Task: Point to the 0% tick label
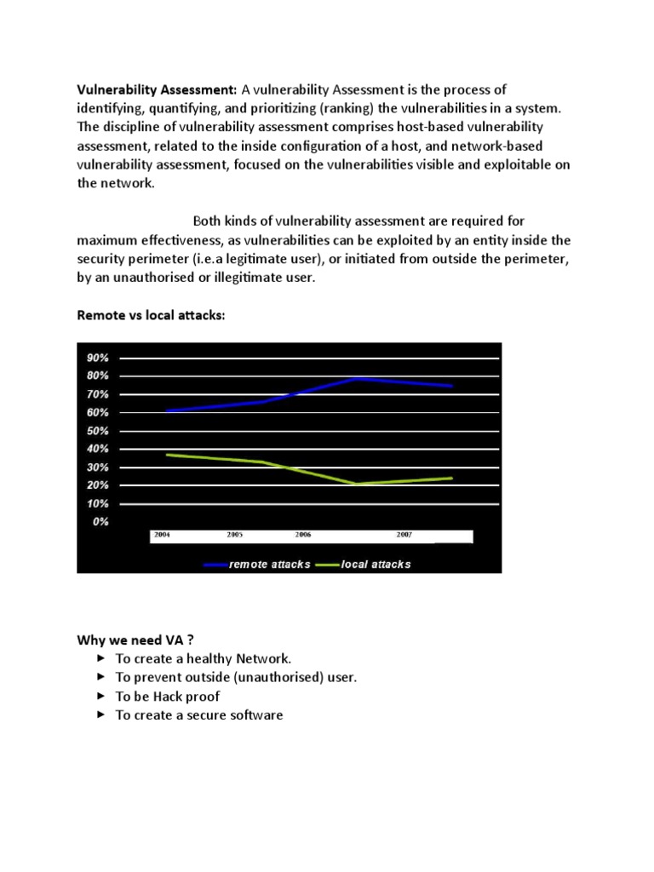[x=100, y=522]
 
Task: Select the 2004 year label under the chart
[x=162, y=535]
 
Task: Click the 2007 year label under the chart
[x=404, y=535]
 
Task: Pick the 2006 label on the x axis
[x=303, y=535]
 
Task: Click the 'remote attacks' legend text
[x=270, y=565]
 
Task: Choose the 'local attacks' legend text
[x=376, y=565]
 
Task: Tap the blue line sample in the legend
[x=215, y=565]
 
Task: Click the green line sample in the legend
[x=327, y=565]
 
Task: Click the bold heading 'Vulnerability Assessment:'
[x=158, y=89]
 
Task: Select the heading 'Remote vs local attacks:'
[x=152, y=315]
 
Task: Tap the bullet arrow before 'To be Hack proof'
[x=100, y=696]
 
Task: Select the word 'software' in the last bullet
[x=251, y=714]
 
